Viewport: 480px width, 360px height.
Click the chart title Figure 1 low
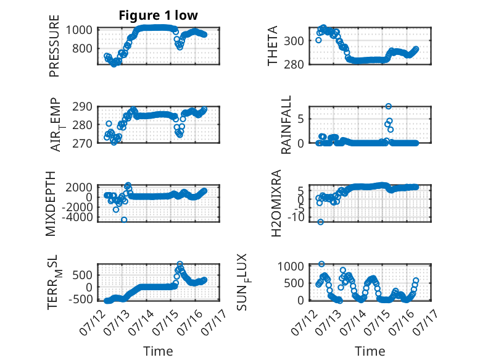click(159, 15)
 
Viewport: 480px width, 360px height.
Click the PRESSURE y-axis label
click(54, 46)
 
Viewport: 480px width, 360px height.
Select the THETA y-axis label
click(272, 46)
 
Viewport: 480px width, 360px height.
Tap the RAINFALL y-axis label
click(286, 125)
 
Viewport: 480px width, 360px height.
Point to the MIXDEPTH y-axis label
click(51, 204)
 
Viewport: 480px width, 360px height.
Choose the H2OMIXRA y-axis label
click(276, 203)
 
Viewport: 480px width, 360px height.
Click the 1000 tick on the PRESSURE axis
click(80, 30)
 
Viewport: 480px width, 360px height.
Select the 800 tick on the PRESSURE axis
click(82, 48)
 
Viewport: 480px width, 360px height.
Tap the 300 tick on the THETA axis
click(294, 40)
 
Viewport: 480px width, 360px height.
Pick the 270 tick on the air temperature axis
click(82, 143)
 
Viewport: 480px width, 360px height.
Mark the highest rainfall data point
click(389, 106)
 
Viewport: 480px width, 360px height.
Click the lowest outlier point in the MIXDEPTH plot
click(124, 220)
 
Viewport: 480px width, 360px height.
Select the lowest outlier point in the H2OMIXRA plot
click(320, 222)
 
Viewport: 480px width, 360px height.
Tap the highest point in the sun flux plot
click(321, 264)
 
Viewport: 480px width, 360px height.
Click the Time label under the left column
click(159, 351)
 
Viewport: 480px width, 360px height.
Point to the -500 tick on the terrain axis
click(80, 299)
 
